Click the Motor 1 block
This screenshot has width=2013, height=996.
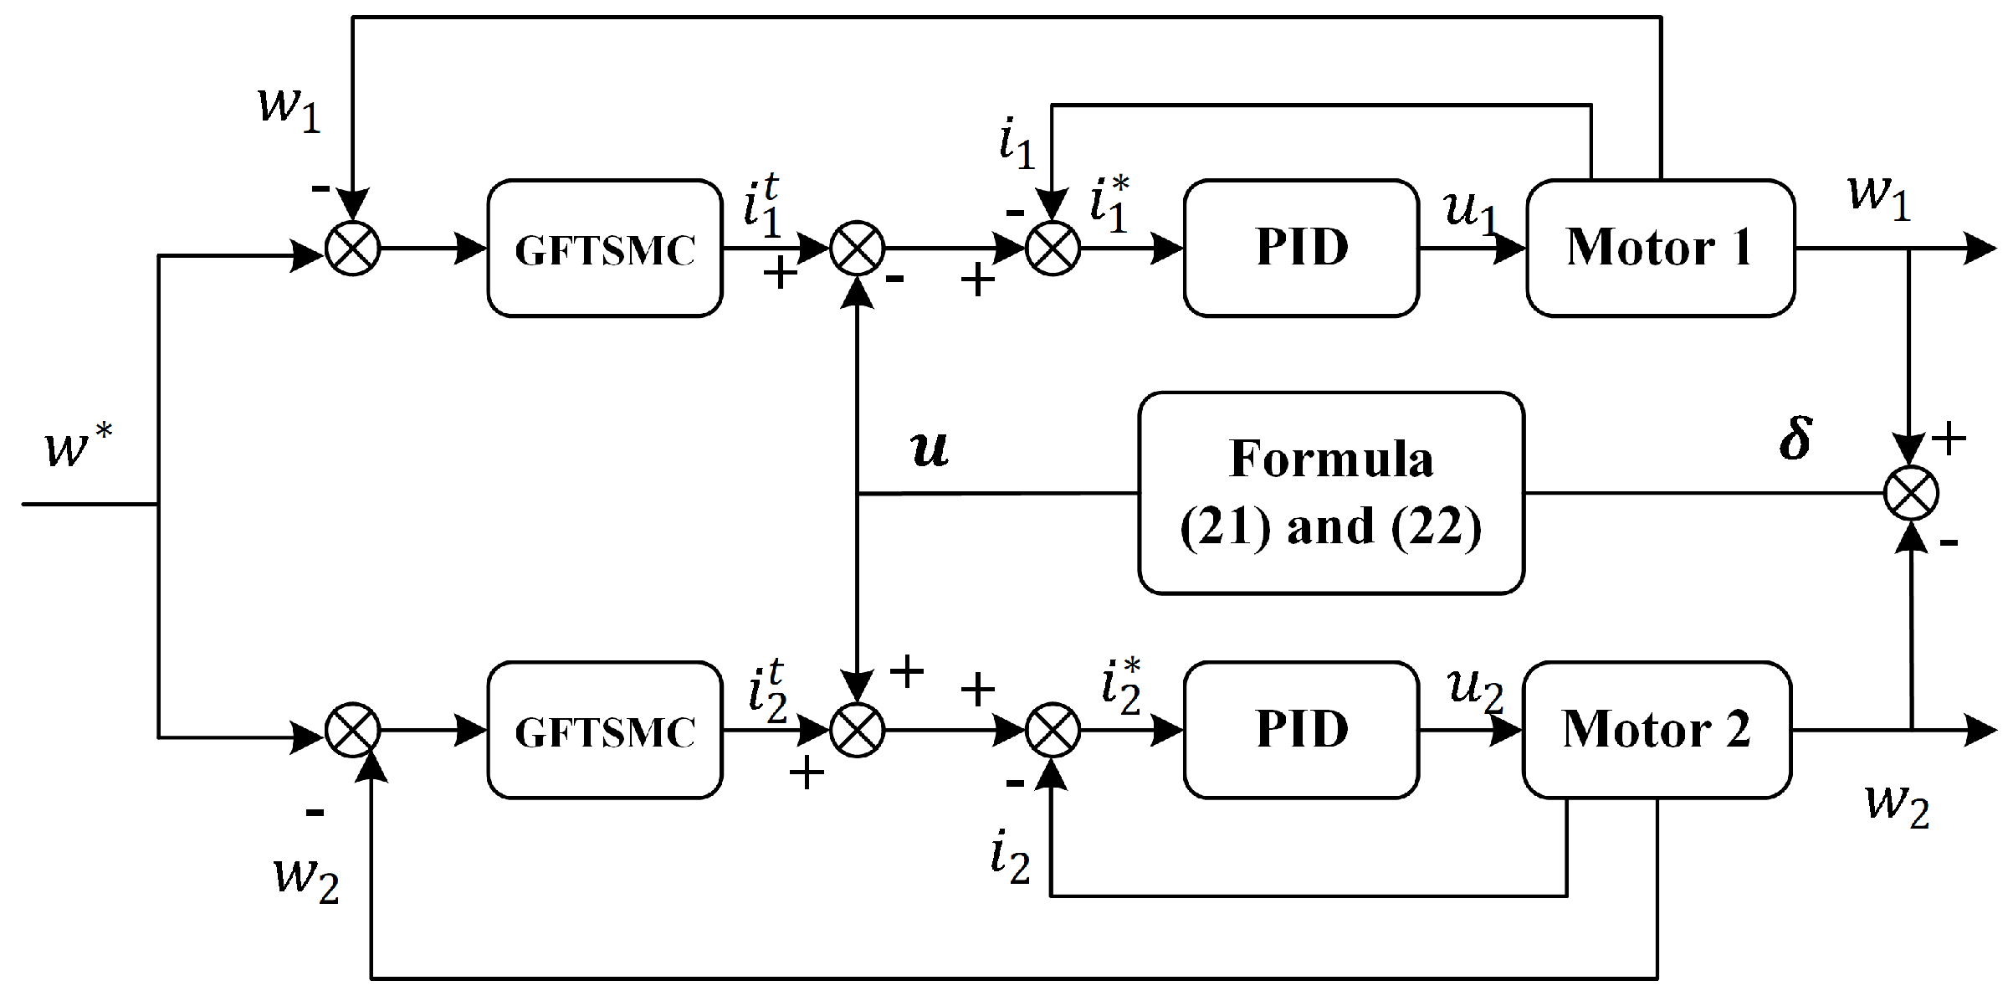(x=1660, y=248)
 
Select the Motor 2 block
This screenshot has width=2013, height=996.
(x=1657, y=730)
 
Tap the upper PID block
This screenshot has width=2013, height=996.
(x=1301, y=248)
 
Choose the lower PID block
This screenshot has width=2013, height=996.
(x=1301, y=730)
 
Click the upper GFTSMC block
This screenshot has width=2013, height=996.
(x=605, y=249)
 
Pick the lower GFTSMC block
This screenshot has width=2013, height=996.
(x=605, y=731)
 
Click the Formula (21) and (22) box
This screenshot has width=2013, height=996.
(x=1331, y=493)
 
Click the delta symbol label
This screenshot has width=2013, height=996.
(x=1795, y=439)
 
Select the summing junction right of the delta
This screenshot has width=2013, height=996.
(x=1911, y=493)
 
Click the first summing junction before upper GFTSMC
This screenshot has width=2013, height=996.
(x=352, y=249)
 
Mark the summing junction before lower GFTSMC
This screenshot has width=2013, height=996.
(x=352, y=730)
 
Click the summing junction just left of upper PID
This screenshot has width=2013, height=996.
(x=1053, y=249)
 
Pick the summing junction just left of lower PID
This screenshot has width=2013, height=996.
(x=1053, y=730)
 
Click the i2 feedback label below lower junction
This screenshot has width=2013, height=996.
(x=1010, y=856)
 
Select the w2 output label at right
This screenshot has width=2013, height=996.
(x=1898, y=803)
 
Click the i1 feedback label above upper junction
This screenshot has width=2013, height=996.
(x=1017, y=142)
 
